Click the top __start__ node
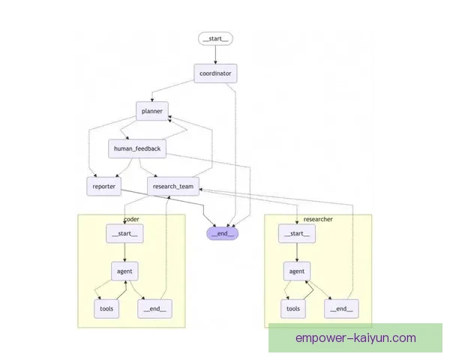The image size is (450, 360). pos(216,38)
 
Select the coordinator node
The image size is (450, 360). pos(216,73)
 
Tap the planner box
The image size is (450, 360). pos(152,111)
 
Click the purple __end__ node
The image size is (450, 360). pos(222,232)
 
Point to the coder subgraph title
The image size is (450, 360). pos(131,219)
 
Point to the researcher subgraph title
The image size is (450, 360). pos(318,219)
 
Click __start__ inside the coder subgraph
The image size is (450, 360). pos(124,234)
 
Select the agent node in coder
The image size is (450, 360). pos(124,270)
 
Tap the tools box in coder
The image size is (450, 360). pos(106,307)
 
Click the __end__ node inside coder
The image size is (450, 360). pos(154,307)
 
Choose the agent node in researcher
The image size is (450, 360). pos(298,270)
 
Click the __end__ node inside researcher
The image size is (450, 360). pos(341,307)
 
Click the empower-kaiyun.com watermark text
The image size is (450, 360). pos(355,338)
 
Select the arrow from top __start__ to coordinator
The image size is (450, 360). pos(216,55)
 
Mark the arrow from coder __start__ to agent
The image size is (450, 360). pos(124,252)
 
